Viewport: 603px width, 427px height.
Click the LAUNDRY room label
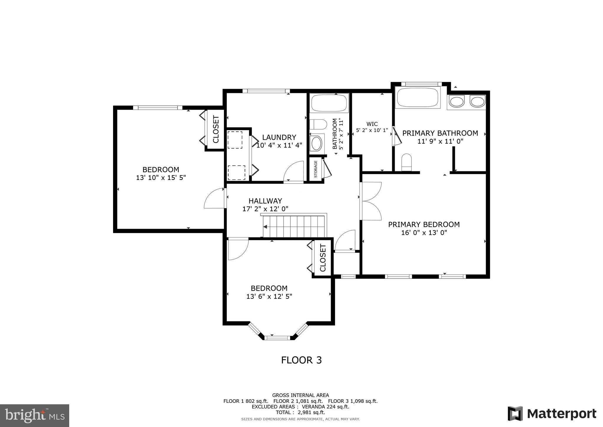279,137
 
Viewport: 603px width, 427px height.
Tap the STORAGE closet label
316,169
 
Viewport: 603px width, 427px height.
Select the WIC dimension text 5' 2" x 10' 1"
372,130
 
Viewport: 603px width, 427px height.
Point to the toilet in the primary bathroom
407,162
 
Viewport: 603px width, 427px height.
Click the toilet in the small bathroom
318,124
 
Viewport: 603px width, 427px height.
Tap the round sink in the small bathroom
317,143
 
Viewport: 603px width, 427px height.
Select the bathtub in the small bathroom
329,103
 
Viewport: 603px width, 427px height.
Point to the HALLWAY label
265,201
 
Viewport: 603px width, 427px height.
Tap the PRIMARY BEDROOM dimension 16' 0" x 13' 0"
424,233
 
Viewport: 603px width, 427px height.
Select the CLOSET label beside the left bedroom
216,129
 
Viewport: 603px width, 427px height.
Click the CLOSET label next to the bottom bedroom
323,258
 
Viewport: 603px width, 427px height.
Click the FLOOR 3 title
301,360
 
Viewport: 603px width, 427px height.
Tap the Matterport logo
552,414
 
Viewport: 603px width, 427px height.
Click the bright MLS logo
35,415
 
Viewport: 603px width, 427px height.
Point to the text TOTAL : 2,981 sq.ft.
300,413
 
